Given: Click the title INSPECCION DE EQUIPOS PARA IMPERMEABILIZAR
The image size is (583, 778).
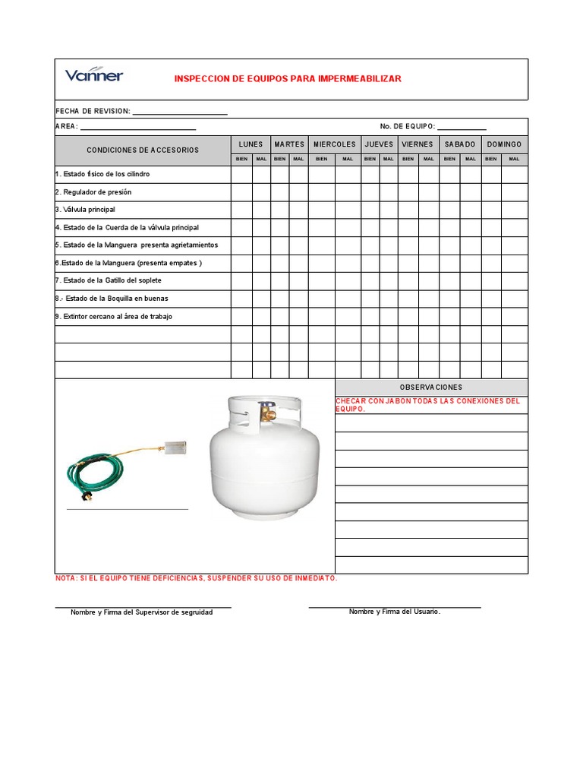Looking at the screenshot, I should tap(288, 79).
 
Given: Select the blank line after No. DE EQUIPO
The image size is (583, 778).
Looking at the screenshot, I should tap(462, 126).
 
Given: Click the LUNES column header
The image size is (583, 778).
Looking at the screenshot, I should tap(251, 144).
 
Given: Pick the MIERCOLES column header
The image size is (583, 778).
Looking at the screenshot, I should tap(334, 144).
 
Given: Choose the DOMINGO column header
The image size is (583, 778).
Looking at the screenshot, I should tap(504, 144).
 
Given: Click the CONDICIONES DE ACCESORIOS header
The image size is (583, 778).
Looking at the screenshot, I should tap(143, 150).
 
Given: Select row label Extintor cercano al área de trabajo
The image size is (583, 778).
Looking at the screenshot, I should tap(113, 316).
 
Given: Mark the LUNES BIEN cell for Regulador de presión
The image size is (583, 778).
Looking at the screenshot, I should tap(241, 192).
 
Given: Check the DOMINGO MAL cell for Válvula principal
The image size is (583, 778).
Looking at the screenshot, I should tap(514, 210).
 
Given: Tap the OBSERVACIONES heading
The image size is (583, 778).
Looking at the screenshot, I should tap(430, 387).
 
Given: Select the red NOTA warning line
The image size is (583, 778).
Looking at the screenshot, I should tap(197, 579).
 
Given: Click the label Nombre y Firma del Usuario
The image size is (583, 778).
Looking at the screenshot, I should tap(395, 612).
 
